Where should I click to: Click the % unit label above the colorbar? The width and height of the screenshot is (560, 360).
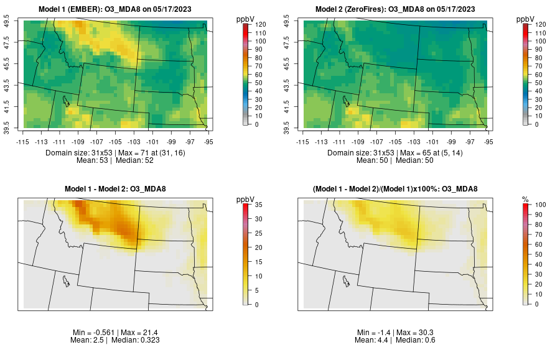coord(525,199)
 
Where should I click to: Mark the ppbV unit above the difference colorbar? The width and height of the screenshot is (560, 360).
coord(246,199)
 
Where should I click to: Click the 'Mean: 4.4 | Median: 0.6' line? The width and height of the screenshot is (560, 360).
coord(397,340)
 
